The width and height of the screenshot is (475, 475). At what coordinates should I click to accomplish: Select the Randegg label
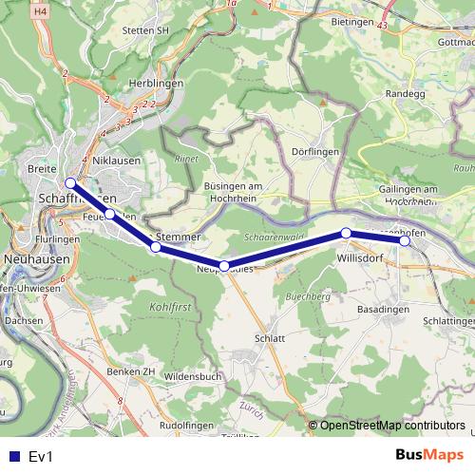coord(406,94)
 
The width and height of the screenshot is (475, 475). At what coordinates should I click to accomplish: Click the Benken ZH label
coord(132,370)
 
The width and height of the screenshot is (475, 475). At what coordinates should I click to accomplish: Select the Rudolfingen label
coord(184,426)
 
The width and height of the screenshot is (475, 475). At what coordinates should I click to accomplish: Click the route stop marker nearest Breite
coord(70,183)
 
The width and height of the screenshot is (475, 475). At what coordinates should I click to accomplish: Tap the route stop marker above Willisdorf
coord(347,233)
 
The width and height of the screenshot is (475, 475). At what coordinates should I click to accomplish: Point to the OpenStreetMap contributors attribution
coord(387,426)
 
